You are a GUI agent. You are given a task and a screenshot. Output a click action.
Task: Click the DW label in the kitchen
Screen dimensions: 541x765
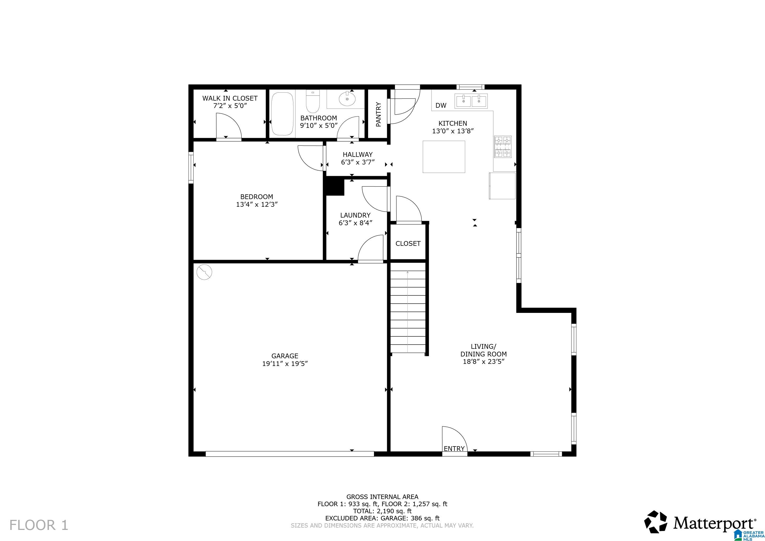[440, 106]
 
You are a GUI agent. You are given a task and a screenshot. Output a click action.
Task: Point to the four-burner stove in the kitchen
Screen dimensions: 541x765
[503, 147]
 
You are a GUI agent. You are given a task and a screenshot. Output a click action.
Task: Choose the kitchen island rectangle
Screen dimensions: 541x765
[444, 157]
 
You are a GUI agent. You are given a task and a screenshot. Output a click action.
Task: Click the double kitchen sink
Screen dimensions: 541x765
[471, 101]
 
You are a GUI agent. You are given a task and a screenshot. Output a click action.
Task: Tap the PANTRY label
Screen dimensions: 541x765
[378, 114]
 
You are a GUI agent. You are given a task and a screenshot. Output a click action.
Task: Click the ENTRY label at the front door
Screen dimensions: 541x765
[454, 449]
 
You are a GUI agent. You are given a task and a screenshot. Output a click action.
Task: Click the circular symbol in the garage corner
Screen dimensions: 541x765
[204, 272]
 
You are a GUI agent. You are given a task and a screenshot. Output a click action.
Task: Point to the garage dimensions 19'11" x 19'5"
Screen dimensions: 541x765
[285, 364]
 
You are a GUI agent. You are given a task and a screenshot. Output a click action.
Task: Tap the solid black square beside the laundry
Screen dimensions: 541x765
[335, 187]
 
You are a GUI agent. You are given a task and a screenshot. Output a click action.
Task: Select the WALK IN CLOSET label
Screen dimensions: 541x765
[230, 98]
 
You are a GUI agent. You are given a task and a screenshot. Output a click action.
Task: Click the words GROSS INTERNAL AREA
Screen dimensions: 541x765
[382, 497]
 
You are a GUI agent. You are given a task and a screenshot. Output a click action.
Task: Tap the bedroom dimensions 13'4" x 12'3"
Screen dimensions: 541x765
[257, 205]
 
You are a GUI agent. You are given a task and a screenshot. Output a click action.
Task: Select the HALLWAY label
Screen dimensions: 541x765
[358, 154]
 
